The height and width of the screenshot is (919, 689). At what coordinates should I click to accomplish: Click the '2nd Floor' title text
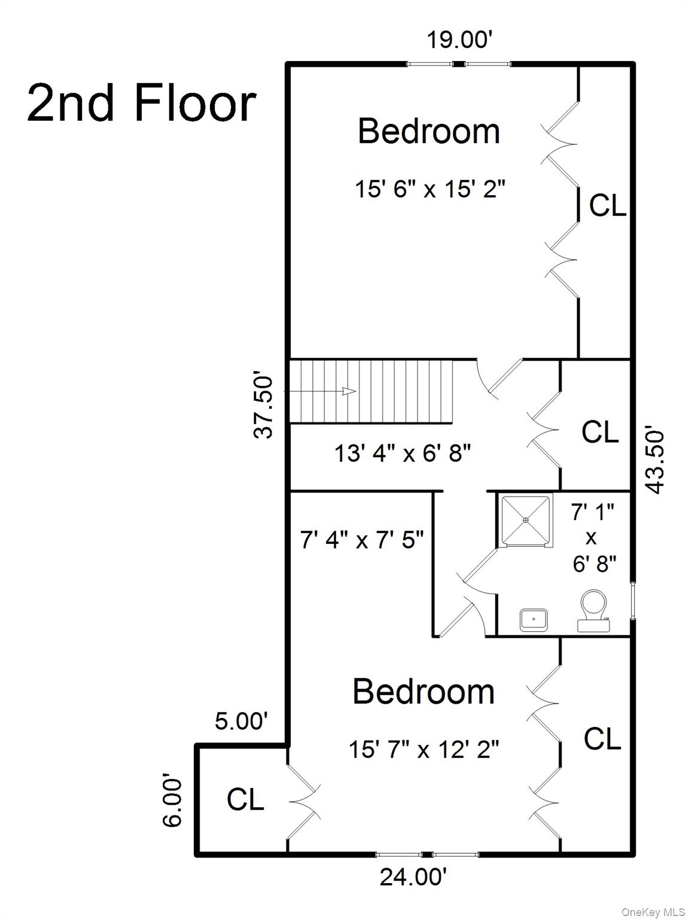(x=142, y=104)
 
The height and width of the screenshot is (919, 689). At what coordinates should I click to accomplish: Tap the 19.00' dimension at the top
(x=459, y=41)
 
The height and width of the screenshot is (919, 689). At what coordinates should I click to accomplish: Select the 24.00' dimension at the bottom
(x=413, y=877)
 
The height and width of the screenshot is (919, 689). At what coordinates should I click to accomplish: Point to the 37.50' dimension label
(x=264, y=407)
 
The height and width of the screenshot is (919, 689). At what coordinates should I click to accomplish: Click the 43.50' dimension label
(x=655, y=459)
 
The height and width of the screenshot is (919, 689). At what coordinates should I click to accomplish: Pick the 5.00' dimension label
(x=241, y=722)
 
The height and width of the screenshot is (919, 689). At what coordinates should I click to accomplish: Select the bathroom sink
(x=533, y=620)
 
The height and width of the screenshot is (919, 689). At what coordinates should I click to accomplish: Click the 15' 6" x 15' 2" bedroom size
(x=430, y=190)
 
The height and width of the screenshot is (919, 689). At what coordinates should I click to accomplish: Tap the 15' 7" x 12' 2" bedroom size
(x=423, y=748)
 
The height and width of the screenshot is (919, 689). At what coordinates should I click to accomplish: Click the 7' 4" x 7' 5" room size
(x=362, y=540)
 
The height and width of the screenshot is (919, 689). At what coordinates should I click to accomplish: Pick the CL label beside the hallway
(x=600, y=432)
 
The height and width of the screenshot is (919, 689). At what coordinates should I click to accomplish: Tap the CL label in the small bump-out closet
(x=245, y=799)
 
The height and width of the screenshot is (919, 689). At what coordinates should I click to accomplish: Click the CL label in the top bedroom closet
(x=607, y=206)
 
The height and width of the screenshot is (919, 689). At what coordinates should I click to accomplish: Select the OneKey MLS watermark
(x=653, y=912)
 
